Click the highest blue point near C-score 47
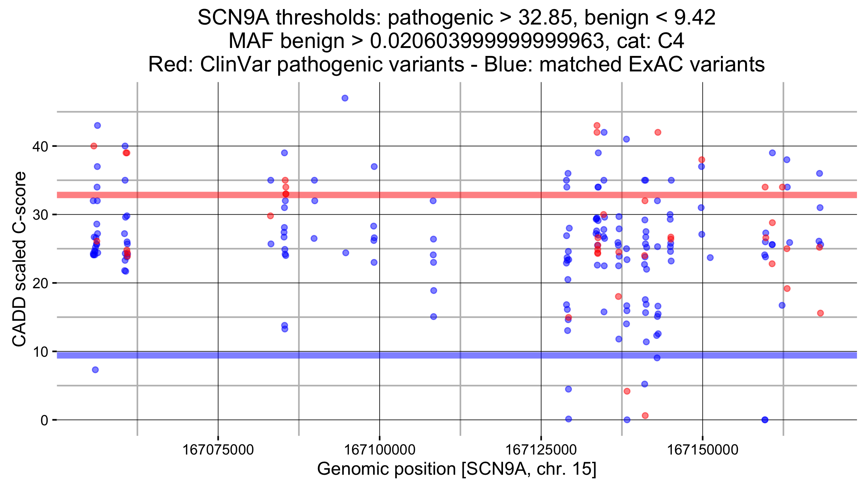(x=345, y=98)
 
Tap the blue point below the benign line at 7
(x=95, y=370)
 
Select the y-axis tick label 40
(x=40, y=146)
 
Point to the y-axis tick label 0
(x=44, y=420)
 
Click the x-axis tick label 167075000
(x=218, y=450)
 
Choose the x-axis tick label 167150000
(x=703, y=450)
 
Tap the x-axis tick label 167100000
(x=380, y=450)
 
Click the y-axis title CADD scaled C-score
(x=19, y=259)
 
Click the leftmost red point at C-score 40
(x=94, y=146)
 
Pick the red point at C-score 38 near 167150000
(x=702, y=160)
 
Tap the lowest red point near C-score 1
(x=645, y=416)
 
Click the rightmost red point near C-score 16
(x=820, y=313)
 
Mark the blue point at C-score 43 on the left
(x=97, y=126)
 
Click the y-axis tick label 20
(x=40, y=284)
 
